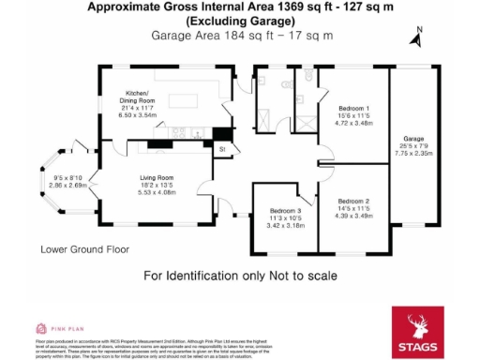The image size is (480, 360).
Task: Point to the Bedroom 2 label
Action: click(353, 202)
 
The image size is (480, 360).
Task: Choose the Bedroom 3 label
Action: click(284, 211)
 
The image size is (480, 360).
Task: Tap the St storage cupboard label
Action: click(223, 149)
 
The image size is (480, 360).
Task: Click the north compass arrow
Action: click(416, 37)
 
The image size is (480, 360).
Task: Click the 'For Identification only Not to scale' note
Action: click(239, 277)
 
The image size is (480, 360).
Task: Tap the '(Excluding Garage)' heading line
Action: click(239, 20)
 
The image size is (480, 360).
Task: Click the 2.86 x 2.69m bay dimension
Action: click(67, 186)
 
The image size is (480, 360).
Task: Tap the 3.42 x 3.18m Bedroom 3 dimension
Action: click(284, 226)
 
